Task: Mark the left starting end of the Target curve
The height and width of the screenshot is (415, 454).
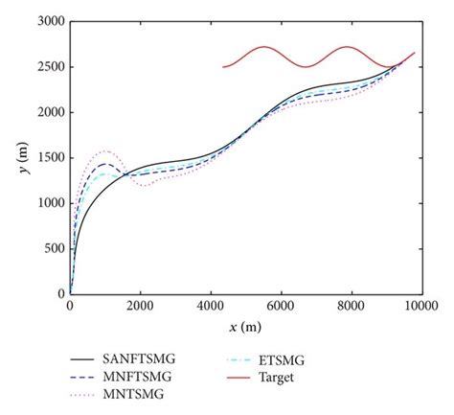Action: coord(223,67)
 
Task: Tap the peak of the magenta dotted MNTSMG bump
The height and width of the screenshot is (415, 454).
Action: coord(104,150)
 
